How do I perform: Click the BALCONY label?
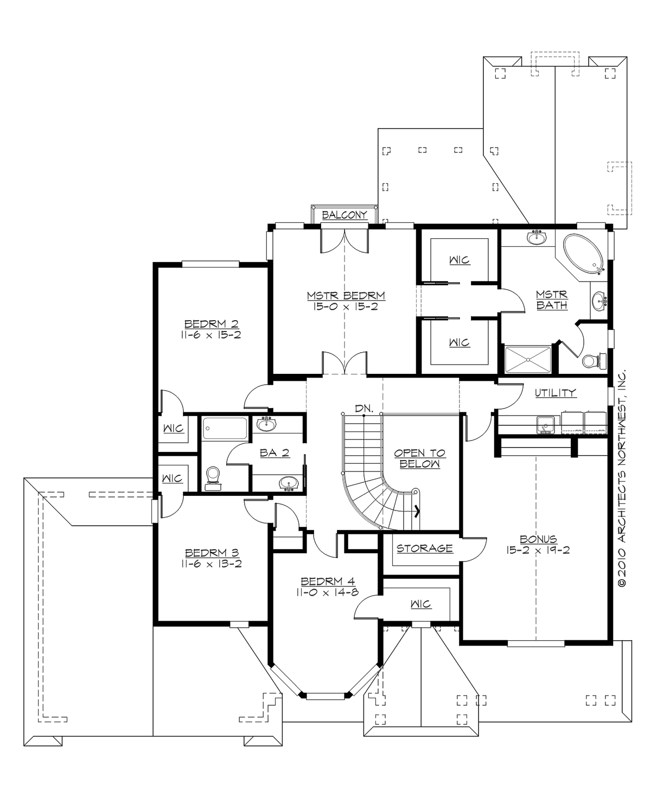point(344,215)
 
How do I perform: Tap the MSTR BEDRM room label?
point(346,296)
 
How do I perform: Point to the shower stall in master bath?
point(527,359)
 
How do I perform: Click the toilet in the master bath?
point(591,360)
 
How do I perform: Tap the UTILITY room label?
point(555,393)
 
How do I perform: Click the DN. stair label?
point(363,408)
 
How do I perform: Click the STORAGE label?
point(424,548)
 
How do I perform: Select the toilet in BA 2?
point(213,477)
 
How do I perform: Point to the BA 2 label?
point(274,452)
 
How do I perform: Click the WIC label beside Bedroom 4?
point(420,604)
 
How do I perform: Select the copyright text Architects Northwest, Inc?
point(622,477)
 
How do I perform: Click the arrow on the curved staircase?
point(417,510)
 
